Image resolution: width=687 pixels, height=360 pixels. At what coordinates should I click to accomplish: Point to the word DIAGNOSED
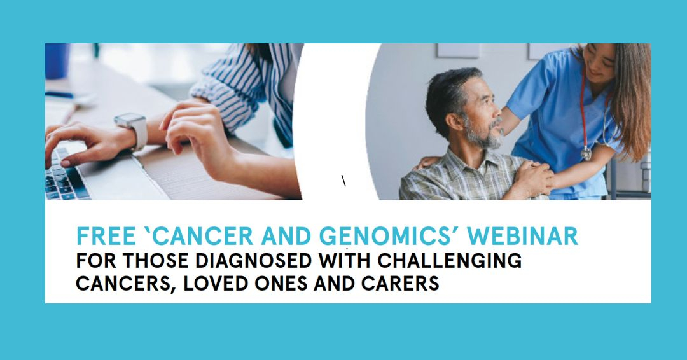[x=253, y=261]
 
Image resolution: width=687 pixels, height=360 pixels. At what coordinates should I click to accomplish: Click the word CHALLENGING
[x=450, y=261]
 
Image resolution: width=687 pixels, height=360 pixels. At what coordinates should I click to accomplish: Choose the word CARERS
[x=400, y=284]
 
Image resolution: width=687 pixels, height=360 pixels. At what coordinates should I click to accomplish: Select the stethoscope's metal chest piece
[x=586, y=154]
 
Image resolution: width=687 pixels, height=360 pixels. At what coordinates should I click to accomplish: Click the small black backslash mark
[x=344, y=181]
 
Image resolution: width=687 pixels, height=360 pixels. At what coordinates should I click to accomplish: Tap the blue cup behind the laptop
[x=57, y=60]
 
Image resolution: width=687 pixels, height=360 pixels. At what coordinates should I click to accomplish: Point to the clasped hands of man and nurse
[x=534, y=176]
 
